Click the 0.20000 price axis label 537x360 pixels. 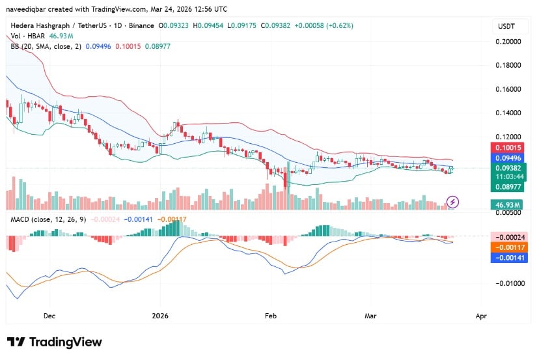coord(508,41)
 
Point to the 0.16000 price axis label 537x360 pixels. coord(508,89)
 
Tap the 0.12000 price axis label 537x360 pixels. coord(508,137)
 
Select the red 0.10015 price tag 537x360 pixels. coord(508,148)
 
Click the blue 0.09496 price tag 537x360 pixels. coord(508,157)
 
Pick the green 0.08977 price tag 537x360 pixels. coord(508,187)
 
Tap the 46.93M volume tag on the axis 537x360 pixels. coord(508,204)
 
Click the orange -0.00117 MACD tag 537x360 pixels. coord(508,247)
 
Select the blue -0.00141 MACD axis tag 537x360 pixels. coord(508,257)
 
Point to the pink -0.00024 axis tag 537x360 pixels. coord(508,237)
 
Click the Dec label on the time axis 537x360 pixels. coord(49,316)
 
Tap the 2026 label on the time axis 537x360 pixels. coord(159,316)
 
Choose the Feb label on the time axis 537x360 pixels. coord(271,316)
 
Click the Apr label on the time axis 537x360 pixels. coord(480,316)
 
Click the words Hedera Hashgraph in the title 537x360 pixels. coord(38,25)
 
